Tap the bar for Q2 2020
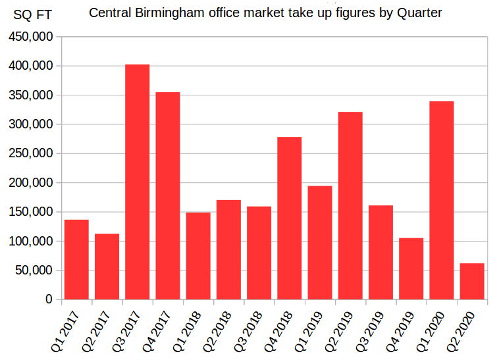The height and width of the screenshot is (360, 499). point(472,281)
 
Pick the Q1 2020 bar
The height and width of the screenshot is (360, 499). point(441,200)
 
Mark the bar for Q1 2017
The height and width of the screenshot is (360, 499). point(76,259)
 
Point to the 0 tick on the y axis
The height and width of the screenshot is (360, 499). point(49,299)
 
